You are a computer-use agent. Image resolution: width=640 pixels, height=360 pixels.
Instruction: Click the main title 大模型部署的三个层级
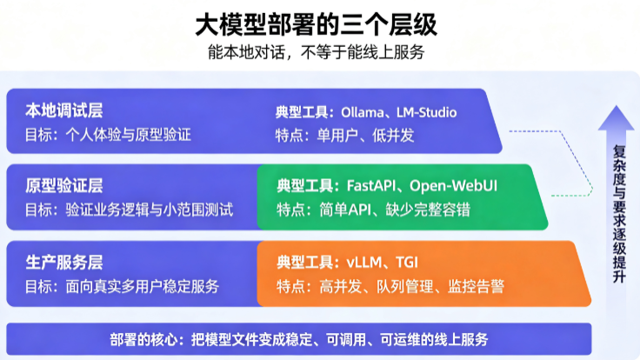point(317,24)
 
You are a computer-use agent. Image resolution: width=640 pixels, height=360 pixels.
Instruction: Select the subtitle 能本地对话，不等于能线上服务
point(317,52)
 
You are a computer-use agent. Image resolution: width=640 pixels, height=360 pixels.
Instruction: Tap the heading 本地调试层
point(64,110)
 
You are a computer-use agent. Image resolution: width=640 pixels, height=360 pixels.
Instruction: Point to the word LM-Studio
point(427,112)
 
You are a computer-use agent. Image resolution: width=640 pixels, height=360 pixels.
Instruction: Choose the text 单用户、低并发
point(366,135)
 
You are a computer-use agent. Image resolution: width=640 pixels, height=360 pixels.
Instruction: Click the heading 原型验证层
point(64,186)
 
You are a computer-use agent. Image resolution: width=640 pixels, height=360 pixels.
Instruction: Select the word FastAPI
point(371,186)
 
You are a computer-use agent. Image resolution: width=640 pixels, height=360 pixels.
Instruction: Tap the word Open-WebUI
point(453,186)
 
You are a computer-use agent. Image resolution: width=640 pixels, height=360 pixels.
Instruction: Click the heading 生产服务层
point(64,263)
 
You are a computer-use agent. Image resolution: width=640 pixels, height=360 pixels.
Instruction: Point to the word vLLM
point(364,262)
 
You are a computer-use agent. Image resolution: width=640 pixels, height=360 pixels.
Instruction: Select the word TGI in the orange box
point(407,262)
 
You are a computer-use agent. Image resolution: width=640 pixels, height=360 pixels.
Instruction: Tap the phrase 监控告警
point(477,287)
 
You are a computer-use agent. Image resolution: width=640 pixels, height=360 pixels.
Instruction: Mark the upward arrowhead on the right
point(617,117)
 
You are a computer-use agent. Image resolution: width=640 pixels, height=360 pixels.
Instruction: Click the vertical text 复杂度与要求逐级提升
point(619,214)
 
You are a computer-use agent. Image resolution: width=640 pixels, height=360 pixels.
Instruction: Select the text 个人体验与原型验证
point(129,135)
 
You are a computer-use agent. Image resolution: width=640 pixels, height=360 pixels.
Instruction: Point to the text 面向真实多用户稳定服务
point(143,287)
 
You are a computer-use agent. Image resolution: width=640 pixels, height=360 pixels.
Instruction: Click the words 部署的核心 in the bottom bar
point(143,339)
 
